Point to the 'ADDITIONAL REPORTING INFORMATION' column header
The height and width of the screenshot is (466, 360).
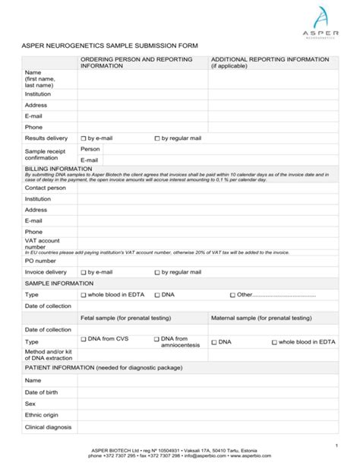(x=264, y=59)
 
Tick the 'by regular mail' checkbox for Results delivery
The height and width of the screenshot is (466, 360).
(x=157, y=139)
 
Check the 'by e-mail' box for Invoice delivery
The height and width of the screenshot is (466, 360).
(x=84, y=272)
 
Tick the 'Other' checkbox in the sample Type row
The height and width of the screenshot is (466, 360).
(x=233, y=295)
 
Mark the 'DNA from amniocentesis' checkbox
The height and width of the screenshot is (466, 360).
(x=157, y=340)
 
